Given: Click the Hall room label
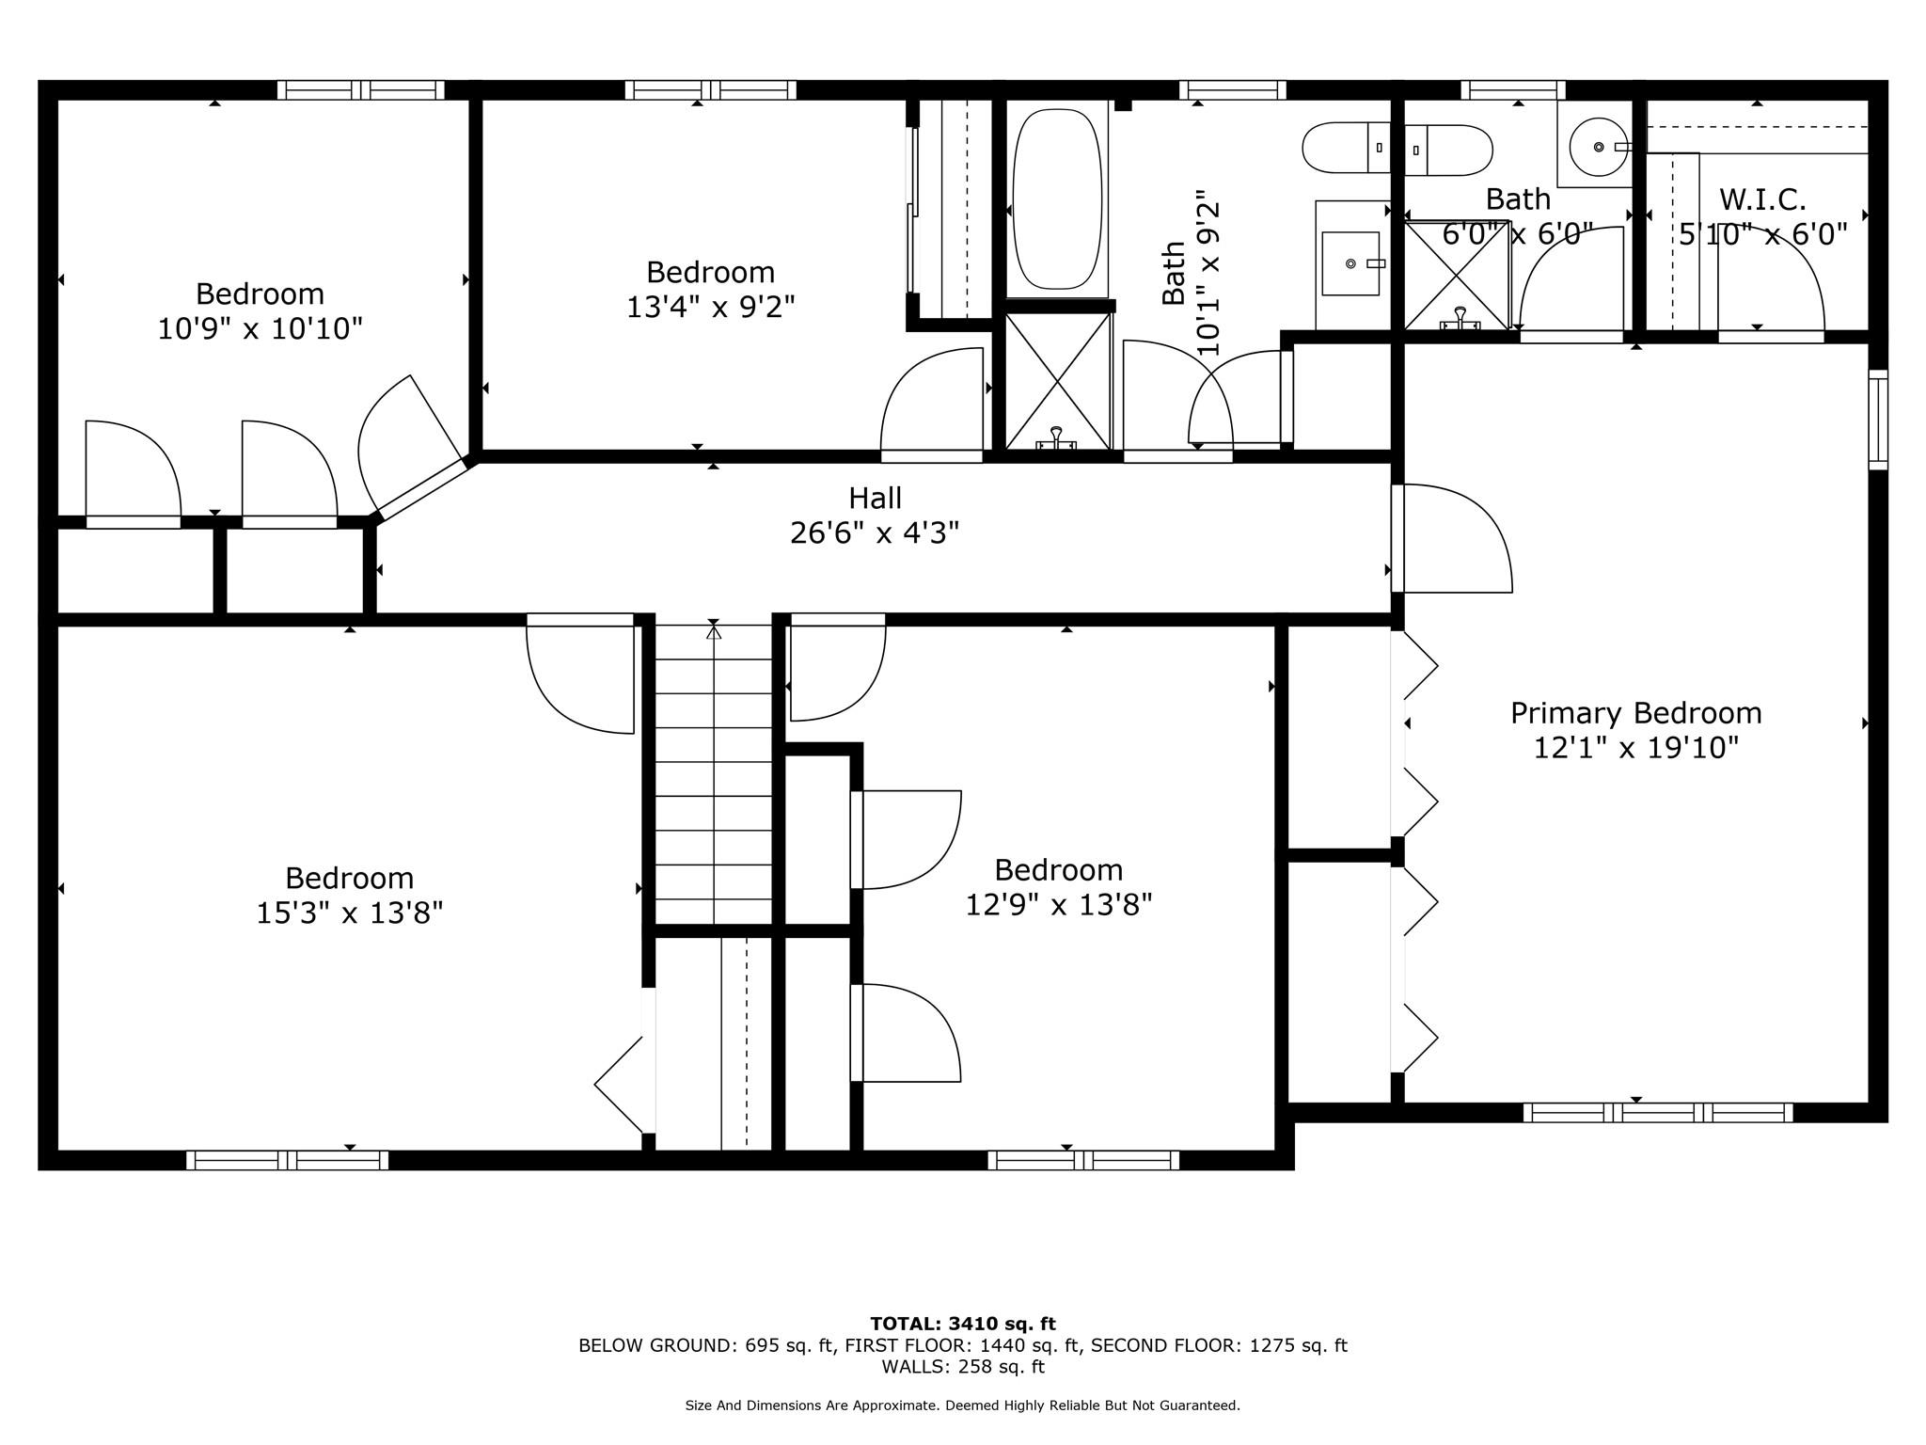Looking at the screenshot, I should [875, 498].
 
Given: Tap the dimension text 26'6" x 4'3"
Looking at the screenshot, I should [875, 533].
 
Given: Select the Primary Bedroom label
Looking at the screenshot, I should [1635, 713].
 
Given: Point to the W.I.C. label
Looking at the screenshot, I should [1762, 199].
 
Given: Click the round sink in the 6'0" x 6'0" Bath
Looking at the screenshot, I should [1598, 148].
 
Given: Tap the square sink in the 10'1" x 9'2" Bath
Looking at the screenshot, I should [1350, 263].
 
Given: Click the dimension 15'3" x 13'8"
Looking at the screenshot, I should [349, 913].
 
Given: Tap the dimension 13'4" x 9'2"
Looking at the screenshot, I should [710, 307].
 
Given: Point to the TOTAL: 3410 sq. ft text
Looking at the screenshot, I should [962, 1325].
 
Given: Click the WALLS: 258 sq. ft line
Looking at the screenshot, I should [962, 1367].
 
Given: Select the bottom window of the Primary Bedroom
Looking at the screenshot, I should [1657, 1112].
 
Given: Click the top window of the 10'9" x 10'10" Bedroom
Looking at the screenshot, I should [360, 90].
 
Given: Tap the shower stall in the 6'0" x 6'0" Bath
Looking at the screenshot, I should [1456, 275].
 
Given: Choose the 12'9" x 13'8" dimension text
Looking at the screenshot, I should [1058, 905].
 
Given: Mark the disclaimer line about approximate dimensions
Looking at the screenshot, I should [962, 1405].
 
